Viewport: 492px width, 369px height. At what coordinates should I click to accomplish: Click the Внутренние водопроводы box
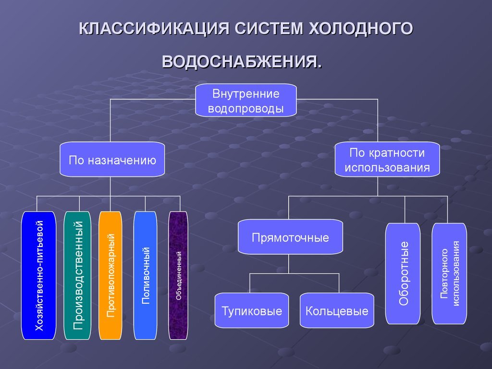246,100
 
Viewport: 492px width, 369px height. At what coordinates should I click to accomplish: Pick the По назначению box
112,160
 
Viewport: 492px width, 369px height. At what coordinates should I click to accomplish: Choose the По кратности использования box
387,160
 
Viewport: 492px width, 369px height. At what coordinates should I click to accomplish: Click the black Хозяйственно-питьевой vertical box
39,275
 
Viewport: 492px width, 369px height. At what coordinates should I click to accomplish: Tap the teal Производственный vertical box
77,275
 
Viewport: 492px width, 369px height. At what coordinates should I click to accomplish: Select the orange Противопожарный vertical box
111,275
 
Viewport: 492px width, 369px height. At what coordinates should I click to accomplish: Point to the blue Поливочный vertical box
145,275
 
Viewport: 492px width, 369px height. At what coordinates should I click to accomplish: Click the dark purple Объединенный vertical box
178,275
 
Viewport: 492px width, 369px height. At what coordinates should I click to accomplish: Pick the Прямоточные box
290,237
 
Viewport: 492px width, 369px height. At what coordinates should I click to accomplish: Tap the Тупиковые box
252,310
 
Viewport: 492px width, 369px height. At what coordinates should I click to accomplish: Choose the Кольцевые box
337,310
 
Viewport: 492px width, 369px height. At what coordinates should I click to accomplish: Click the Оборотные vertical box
403,273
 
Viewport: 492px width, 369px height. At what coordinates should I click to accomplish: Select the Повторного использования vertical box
449,273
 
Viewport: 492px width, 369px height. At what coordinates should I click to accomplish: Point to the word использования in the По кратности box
387,168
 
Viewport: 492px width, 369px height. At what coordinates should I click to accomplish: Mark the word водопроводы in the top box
246,108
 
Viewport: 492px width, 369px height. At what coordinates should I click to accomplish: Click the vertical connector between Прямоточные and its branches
289,264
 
